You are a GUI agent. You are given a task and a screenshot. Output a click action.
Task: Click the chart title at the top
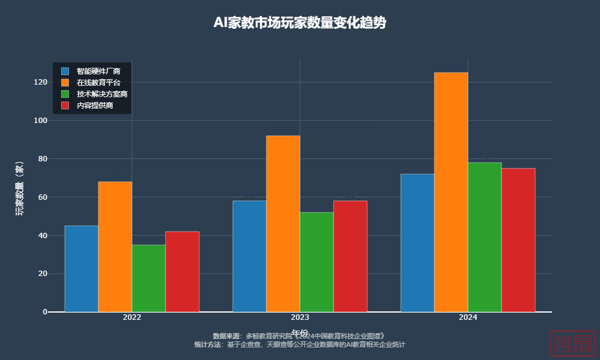pyautogui.click(x=300, y=23)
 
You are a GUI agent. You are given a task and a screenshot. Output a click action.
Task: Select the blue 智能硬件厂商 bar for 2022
pyautogui.click(x=82, y=269)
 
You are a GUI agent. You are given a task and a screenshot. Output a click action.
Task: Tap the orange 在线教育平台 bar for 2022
pyautogui.click(x=115, y=247)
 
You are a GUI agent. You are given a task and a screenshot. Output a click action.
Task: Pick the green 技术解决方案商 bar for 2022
pyautogui.click(x=149, y=278)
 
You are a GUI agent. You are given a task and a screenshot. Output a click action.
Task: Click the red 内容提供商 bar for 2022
pyautogui.click(x=182, y=272)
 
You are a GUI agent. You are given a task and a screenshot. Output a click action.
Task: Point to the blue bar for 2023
pyautogui.click(x=250, y=256)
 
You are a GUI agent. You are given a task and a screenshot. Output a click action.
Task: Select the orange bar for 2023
pyautogui.click(x=283, y=224)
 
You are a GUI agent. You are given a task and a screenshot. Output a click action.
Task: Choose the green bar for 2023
pyautogui.click(x=317, y=262)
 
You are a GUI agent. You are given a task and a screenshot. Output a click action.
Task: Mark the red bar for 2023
pyautogui.click(x=350, y=256)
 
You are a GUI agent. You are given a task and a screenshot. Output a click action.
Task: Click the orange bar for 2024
pyautogui.click(x=451, y=192)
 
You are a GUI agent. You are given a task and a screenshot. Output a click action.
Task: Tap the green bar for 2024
pyautogui.click(x=485, y=237)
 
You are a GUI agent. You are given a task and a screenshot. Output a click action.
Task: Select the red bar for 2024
pyautogui.click(x=518, y=240)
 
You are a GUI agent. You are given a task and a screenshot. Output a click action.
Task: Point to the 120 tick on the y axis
pyautogui.click(x=41, y=82)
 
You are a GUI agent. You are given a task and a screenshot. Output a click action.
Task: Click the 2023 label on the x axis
pyautogui.click(x=300, y=317)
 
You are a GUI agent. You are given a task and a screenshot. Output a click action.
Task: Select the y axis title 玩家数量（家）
pyautogui.click(x=20, y=189)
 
